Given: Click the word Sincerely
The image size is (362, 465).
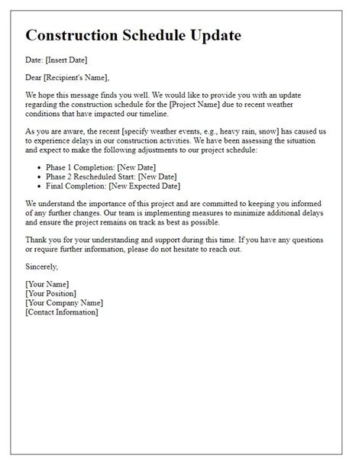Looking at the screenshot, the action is pos(42,266).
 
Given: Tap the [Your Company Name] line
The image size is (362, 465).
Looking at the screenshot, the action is pos(64,302).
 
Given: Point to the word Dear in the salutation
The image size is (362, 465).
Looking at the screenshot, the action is pos(34,78).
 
